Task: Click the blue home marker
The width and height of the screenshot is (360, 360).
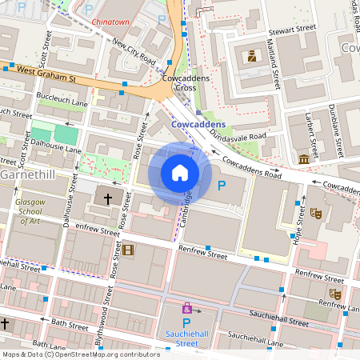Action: click(x=180, y=173)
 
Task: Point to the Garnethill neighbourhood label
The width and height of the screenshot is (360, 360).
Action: click(x=30, y=174)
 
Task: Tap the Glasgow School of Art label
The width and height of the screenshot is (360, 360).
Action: click(x=31, y=211)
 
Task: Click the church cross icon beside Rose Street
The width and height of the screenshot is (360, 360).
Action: click(x=108, y=197)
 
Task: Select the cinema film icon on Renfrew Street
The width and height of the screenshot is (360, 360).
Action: click(x=128, y=250)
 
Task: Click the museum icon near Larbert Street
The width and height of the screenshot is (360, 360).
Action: click(x=304, y=160)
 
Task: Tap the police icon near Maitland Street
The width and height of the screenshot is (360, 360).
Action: click(x=251, y=56)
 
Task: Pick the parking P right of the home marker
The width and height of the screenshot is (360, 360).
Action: click(x=222, y=186)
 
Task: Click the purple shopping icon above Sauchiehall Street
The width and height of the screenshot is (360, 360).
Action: click(x=187, y=307)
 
